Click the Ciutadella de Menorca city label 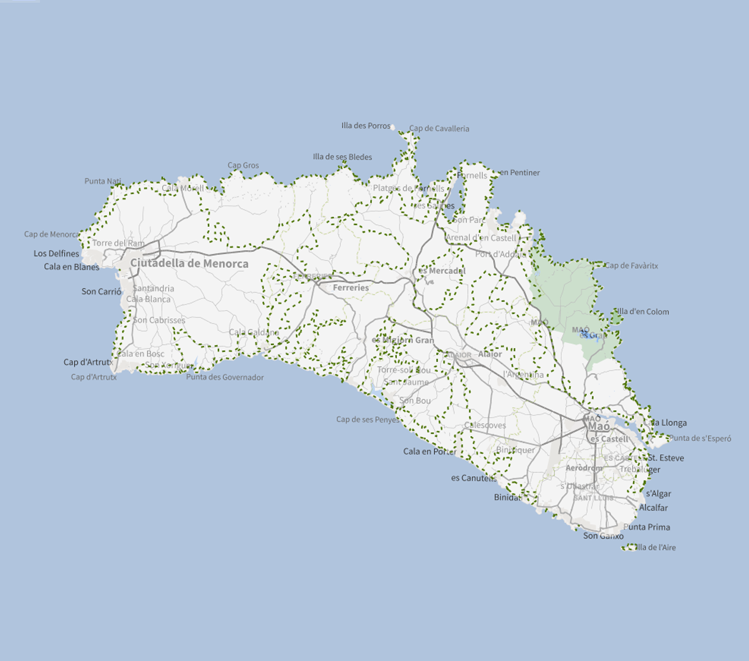[189, 263]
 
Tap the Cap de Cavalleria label [439, 129]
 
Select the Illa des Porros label [365, 126]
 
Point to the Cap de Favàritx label [631, 266]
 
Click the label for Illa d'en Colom [643, 312]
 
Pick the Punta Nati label [103, 181]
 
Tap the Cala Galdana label [254, 332]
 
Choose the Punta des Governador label [225, 377]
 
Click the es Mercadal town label [442, 271]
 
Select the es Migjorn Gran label [403, 340]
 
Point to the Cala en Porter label [430, 451]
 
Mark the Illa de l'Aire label [656, 547]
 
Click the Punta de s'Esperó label [699, 438]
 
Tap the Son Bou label [415, 400]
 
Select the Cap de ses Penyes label [368, 419]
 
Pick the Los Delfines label [56, 254]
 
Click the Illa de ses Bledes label [342, 157]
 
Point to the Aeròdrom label [583, 468]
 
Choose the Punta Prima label [646, 527]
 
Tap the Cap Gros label [243, 166]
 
